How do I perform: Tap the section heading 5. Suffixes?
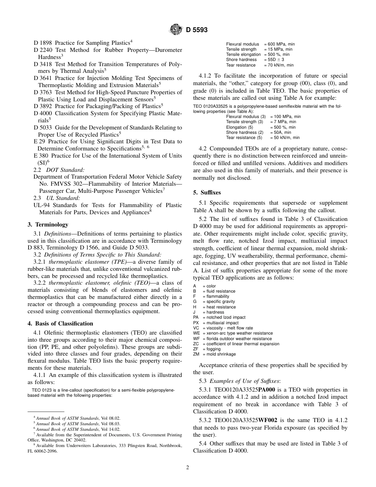point(207,192)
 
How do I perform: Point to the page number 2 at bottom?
point(188,467)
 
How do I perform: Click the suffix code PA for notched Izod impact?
point(196,318)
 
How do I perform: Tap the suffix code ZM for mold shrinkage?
point(196,354)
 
